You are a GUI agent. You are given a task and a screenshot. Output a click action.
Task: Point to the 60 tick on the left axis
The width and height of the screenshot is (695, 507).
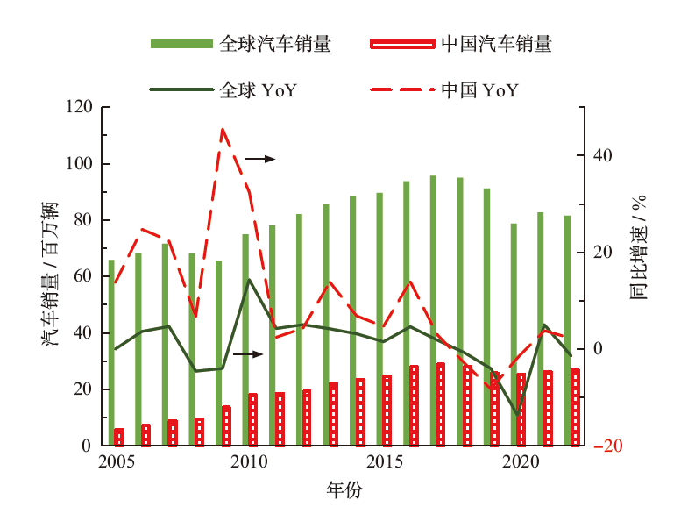point(82,277)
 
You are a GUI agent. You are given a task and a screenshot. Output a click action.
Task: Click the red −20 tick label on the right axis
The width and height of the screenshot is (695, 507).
point(607,446)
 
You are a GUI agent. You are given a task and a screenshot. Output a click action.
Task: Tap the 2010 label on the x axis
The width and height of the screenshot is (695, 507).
point(248,462)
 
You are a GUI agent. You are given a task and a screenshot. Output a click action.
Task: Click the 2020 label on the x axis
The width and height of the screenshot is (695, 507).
point(520,462)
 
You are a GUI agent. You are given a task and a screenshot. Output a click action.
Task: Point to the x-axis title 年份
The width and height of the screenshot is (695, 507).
point(344,489)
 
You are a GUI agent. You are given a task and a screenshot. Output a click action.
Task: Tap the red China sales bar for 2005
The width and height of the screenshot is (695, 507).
point(119,437)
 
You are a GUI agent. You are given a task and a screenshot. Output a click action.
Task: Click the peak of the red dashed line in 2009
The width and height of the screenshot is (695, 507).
point(223,129)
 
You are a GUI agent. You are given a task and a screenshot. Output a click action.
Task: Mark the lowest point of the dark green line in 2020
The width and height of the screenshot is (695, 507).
point(517,413)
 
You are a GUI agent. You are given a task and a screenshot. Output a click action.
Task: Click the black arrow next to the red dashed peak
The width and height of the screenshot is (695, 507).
point(259,159)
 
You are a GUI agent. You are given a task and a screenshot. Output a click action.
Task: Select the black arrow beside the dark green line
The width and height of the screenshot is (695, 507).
point(248,354)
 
